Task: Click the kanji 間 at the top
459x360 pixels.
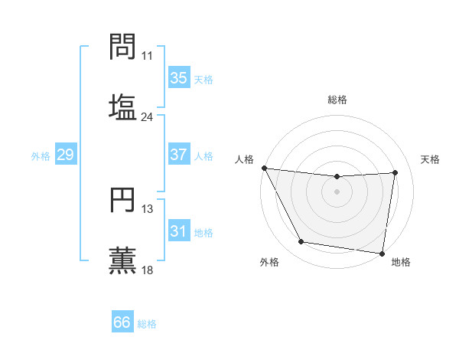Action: click(x=122, y=47)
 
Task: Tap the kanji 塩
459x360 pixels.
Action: click(x=122, y=106)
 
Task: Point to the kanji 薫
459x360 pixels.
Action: click(x=122, y=259)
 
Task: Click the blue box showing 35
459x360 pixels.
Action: click(x=178, y=77)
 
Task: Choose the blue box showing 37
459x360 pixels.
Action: click(x=178, y=155)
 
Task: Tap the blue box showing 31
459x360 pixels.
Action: click(x=178, y=231)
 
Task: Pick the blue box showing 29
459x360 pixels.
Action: click(x=65, y=155)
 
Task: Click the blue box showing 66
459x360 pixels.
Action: click(x=122, y=322)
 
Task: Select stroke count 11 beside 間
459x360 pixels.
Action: click(x=147, y=56)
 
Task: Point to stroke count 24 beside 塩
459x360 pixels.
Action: click(x=147, y=116)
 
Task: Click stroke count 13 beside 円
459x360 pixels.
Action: click(x=147, y=208)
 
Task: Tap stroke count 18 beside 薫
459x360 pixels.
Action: click(x=147, y=270)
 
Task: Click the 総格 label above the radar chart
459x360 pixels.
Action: click(x=337, y=100)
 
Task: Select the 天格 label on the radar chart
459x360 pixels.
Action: click(x=430, y=159)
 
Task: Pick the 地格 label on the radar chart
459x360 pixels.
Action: click(x=401, y=262)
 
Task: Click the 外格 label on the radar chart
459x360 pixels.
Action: click(x=269, y=262)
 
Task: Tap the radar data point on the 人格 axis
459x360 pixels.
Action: click(x=264, y=168)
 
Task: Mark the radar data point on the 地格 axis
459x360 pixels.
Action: click(x=382, y=253)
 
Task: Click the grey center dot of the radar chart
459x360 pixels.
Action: click(x=337, y=191)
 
